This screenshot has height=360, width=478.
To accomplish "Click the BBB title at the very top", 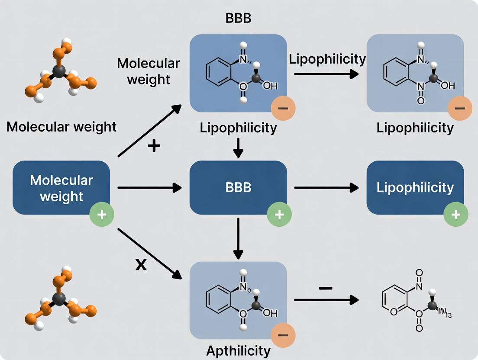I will (x=238, y=19).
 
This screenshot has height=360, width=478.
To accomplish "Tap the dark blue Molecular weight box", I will (x=61, y=188).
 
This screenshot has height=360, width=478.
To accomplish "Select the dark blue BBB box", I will (x=238, y=188).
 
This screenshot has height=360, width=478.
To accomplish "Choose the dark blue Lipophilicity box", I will (x=415, y=188).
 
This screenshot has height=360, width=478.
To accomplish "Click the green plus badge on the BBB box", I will (x=279, y=214).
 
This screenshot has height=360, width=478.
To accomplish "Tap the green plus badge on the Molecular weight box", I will (x=102, y=214).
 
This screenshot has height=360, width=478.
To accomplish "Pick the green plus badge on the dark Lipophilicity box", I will (x=456, y=214).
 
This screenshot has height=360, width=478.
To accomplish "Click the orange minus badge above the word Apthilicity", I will (x=283, y=335).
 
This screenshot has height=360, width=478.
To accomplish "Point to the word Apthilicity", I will (x=238, y=350).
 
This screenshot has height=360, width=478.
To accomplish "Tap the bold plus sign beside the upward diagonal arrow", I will (x=153, y=146).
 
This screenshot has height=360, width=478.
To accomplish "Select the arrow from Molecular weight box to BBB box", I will (x=149, y=188).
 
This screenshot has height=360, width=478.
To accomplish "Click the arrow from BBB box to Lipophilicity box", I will (x=326, y=188).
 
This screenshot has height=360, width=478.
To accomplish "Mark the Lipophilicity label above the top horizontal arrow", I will (x=327, y=59).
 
